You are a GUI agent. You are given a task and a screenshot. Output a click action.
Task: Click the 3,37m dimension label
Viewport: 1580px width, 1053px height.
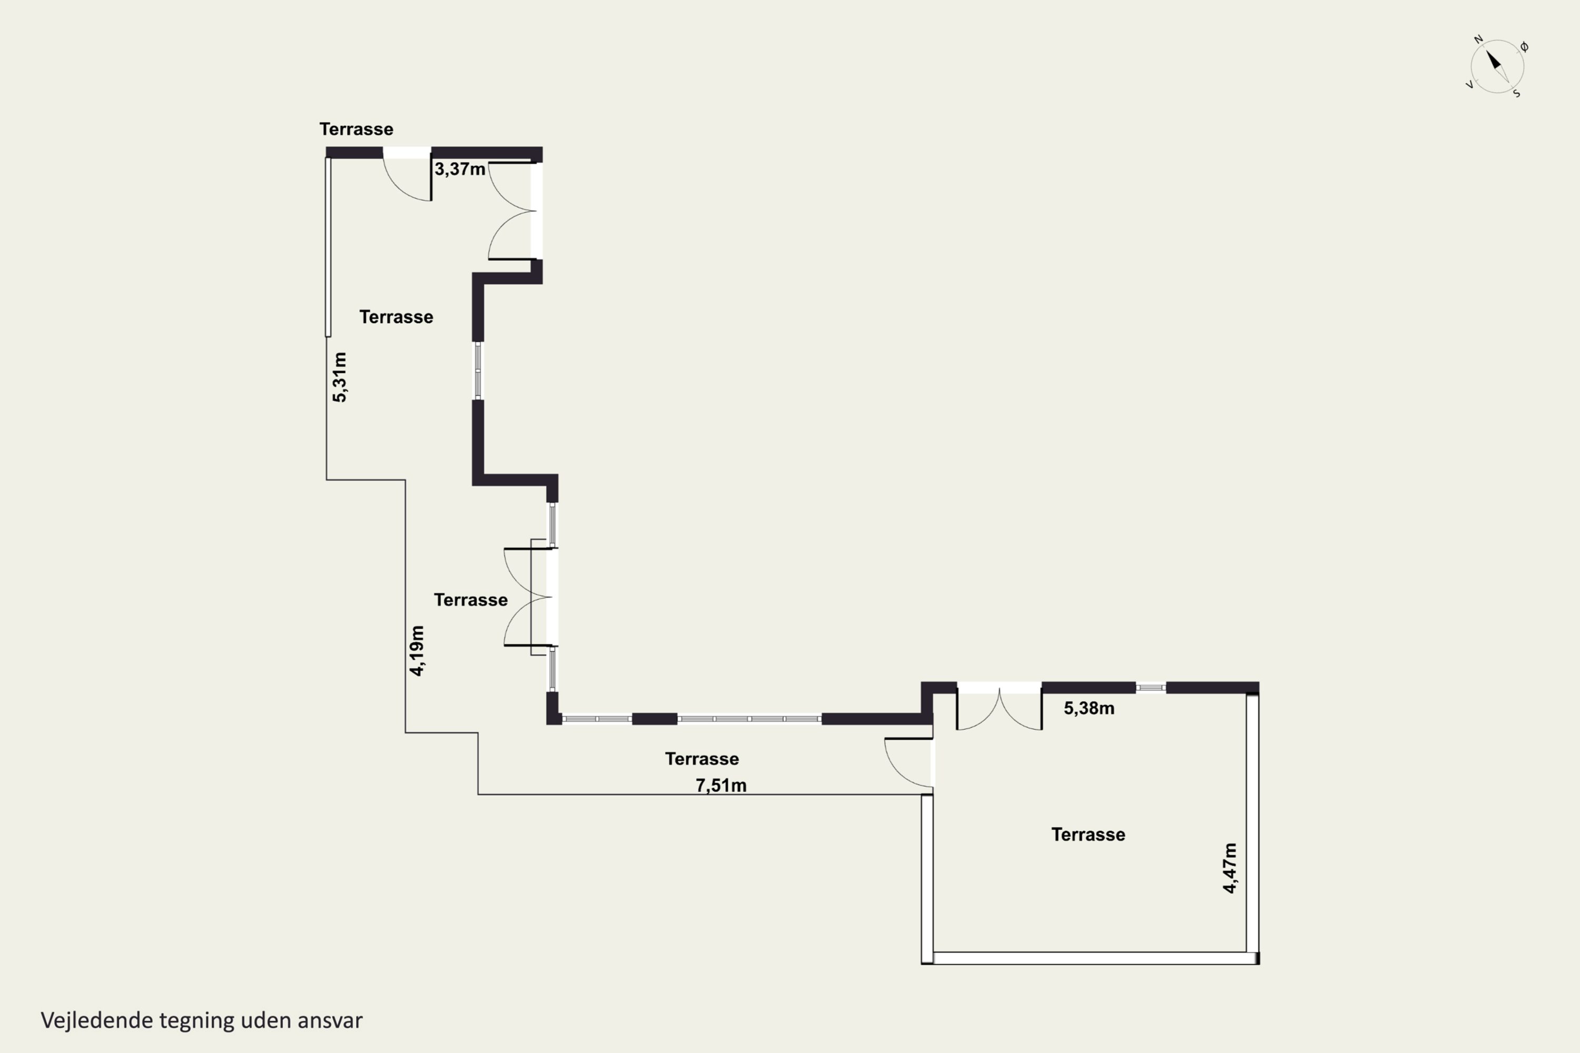click(459, 169)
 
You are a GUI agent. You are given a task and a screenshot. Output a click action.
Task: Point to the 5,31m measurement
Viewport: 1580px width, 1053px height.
click(340, 378)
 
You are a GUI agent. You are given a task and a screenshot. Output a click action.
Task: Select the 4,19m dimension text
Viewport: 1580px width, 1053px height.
click(417, 651)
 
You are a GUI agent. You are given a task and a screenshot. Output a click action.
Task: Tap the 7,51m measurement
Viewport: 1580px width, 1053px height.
click(721, 786)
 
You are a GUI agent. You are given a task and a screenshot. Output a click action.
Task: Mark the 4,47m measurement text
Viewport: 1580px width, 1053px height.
click(1229, 868)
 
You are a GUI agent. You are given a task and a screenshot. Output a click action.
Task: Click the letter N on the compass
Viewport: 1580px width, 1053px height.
click(1478, 39)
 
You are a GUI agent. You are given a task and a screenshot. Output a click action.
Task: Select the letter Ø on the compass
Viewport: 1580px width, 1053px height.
click(1524, 47)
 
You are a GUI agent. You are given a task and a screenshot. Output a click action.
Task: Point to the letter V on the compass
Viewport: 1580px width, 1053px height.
click(1470, 85)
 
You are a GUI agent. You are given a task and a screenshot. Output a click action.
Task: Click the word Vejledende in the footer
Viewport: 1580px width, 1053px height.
click(97, 1020)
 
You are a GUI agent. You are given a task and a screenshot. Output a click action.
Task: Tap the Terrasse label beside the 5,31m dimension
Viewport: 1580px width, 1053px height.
click(397, 317)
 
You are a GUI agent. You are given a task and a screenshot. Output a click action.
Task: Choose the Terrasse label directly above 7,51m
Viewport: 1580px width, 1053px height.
click(702, 759)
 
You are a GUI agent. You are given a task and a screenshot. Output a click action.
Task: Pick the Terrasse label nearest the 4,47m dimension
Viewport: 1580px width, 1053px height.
click(1088, 835)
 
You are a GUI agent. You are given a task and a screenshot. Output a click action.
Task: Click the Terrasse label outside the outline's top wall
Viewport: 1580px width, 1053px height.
click(356, 129)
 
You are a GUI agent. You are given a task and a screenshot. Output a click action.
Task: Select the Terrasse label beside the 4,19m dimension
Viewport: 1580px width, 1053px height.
click(471, 600)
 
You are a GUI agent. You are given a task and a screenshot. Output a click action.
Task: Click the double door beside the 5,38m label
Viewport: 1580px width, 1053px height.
click(999, 707)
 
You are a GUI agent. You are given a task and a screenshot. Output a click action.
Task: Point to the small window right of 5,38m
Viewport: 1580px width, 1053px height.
click(1151, 688)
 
